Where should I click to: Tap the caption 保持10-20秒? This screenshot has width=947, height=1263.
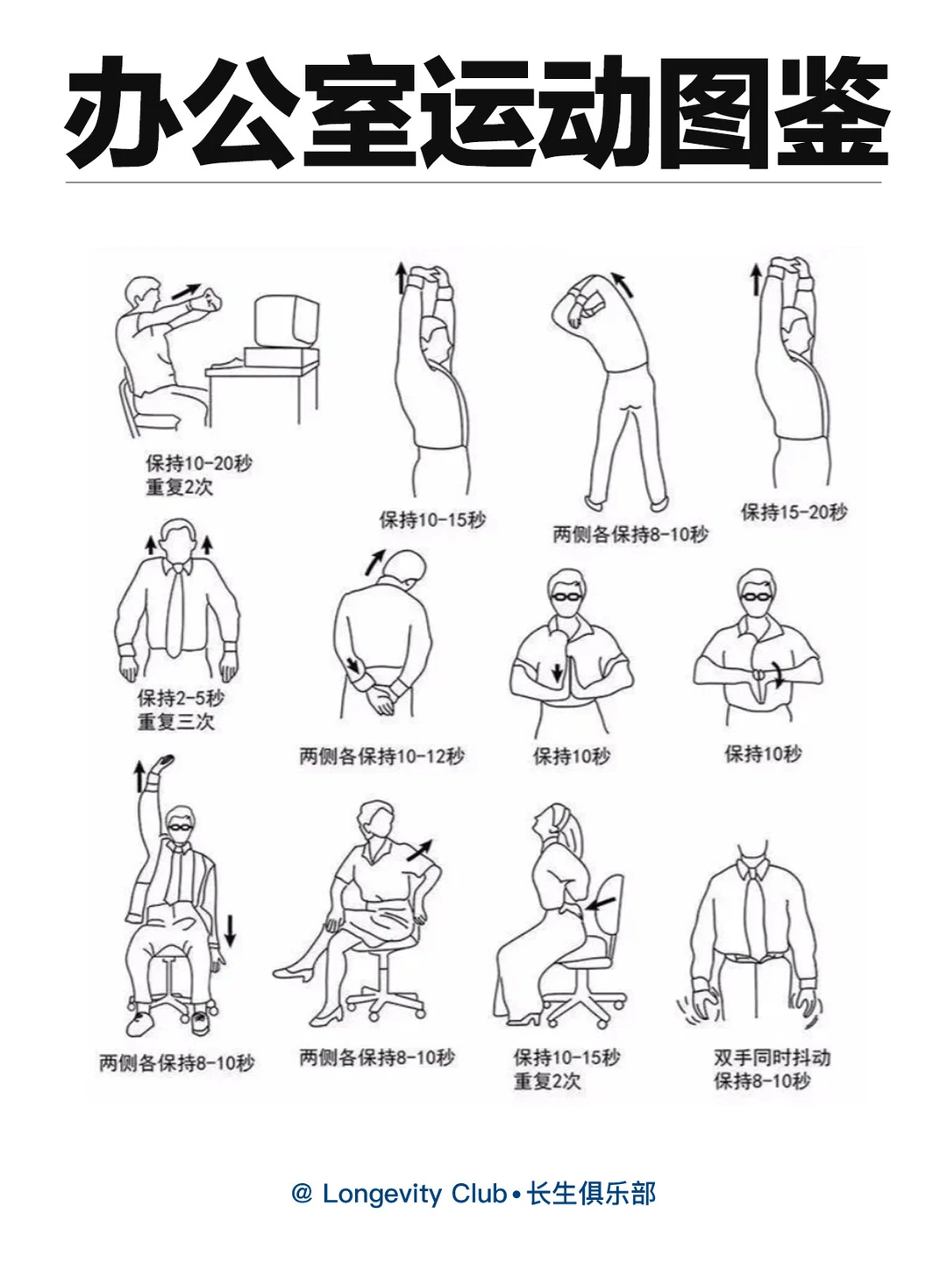pos(199,463)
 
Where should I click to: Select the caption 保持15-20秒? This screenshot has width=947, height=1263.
pos(794,511)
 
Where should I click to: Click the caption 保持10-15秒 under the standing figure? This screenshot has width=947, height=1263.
pos(432,519)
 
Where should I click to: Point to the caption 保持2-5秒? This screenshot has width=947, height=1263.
pos(181,698)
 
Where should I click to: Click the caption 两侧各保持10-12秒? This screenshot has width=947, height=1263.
pos(381,755)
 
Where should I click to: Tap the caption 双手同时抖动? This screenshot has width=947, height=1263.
pos(773,1058)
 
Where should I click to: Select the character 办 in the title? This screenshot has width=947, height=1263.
pos(124,112)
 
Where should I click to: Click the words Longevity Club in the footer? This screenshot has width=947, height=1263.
pos(414,1194)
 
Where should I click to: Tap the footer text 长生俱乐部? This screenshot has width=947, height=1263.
pos(592,1194)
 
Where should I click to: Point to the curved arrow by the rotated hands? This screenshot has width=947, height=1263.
pos(778,674)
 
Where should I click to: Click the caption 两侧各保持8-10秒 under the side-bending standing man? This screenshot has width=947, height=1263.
pos(630,534)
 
